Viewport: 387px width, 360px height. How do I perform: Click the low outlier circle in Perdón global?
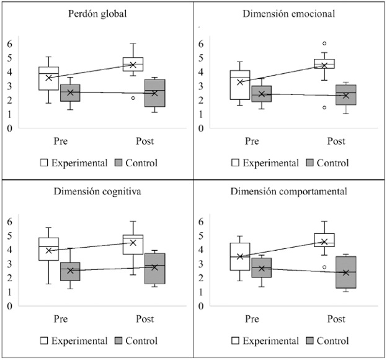click(x=133, y=98)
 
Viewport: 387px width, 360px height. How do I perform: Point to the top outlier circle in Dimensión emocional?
click(x=324, y=43)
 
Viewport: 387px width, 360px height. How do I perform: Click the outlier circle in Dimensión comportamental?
click(x=324, y=267)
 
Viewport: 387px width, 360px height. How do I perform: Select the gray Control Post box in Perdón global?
click(x=155, y=93)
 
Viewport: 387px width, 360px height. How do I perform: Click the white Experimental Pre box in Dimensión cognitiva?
click(x=48, y=249)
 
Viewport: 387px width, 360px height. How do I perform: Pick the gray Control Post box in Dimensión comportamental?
click(x=346, y=272)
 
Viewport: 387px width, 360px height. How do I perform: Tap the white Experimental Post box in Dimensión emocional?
click(x=324, y=64)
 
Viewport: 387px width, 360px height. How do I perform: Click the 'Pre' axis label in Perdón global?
click(x=60, y=142)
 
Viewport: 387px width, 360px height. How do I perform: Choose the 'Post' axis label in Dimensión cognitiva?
click(x=145, y=319)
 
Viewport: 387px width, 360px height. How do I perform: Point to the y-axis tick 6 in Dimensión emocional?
click(x=199, y=43)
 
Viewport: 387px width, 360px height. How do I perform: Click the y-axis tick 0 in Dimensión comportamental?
click(x=199, y=306)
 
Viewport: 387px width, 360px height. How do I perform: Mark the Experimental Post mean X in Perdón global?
click(x=133, y=65)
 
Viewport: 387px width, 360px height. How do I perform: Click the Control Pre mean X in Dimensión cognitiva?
click(x=70, y=271)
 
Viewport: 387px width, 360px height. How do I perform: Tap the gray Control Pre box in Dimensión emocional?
click(x=261, y=94)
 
